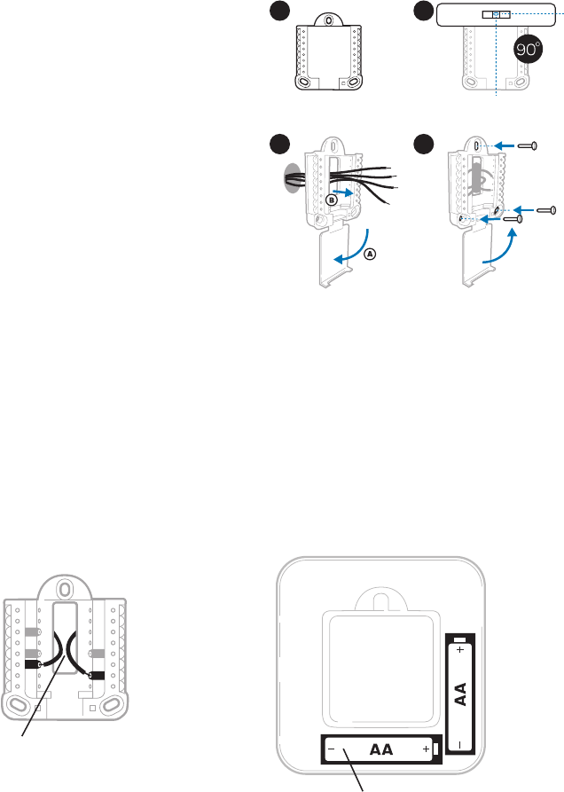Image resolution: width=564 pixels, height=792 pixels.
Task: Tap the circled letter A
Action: point(370,253)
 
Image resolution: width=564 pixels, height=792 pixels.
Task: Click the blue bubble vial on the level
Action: point(495,15)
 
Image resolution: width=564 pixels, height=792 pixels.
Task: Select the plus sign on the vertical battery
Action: point(460,650)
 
